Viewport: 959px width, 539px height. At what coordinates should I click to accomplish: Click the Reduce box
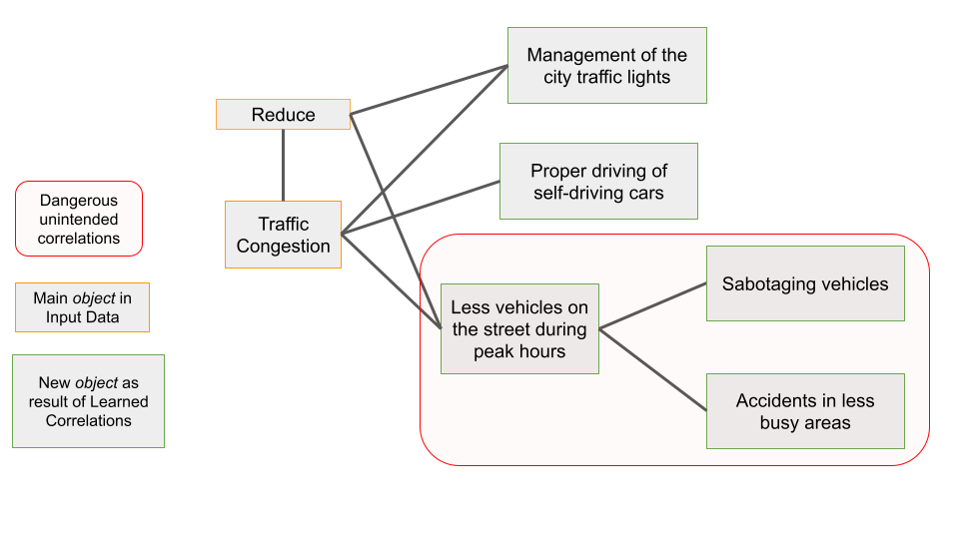click(283, 115)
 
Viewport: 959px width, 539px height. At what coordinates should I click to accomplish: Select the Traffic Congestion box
click(283, 235)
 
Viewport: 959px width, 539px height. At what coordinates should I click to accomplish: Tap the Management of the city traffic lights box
click(606, 66)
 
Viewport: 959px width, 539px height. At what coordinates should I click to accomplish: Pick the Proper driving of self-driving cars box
click(598, 182)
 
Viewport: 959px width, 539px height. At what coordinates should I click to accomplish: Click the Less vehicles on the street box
click(519, 329)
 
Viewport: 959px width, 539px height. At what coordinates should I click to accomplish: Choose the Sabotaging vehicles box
click(805, 284)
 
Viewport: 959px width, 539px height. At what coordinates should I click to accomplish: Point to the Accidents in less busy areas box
click(805, 411)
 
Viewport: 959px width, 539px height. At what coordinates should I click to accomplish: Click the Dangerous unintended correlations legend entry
click(79, 219)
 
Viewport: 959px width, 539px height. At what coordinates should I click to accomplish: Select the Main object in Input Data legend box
click(82, 307)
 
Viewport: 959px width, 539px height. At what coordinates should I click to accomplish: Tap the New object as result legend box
click(88, 401)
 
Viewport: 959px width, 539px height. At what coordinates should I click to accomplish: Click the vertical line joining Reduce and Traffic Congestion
click(283, 165)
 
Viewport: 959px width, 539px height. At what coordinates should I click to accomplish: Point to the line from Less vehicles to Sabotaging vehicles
click(653, 304)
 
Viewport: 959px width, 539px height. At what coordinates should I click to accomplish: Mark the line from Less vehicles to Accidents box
click(653, 369)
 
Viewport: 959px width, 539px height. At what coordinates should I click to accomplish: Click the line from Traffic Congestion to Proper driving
click(420, 208)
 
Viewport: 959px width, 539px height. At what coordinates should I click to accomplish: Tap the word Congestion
click(283, 247)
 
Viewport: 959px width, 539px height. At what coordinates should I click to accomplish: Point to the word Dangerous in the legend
click(79, 201)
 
